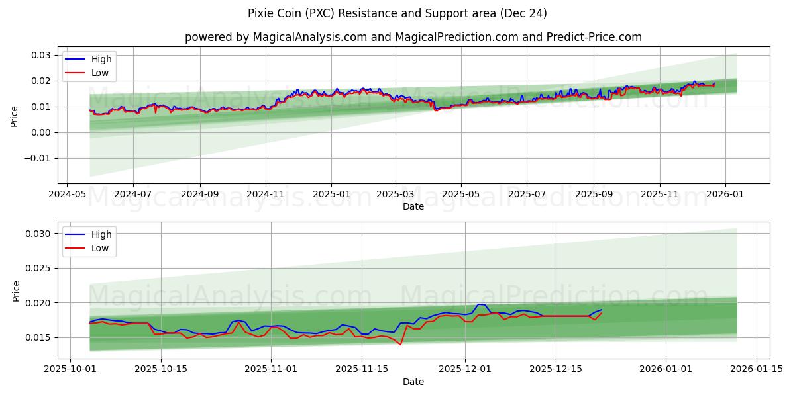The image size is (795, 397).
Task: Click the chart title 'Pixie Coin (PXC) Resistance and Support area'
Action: pos(397,13)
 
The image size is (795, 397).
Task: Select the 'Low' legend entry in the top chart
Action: pos(100,73)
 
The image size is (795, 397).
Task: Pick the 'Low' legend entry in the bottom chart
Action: pos(100,248)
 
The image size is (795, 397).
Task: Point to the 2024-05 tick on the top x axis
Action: pos(68,195)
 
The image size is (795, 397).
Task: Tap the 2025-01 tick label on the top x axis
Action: pos(331,195)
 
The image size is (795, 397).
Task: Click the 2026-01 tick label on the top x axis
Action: pos(725,195)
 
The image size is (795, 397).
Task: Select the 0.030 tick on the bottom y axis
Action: pos(38,234)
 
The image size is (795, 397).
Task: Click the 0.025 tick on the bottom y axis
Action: pos(38,269)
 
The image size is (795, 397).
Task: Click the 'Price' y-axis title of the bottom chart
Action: pos(16,290)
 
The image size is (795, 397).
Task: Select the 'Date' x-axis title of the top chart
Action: pos(413,207)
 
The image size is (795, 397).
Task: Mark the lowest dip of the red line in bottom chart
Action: pos(400,345)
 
